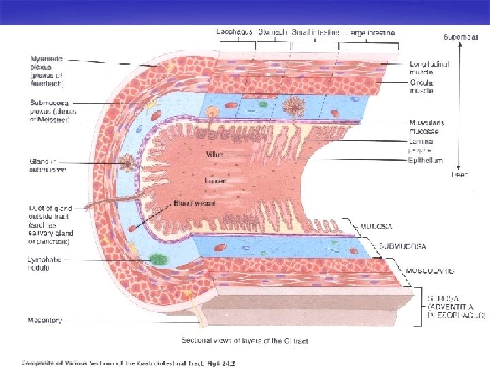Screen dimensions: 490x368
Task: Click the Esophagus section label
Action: pos(235,31)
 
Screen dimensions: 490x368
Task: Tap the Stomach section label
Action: pos(272,31)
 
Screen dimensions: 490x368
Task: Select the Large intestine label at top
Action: pos(371,32)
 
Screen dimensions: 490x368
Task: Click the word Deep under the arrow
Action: pos(461,174)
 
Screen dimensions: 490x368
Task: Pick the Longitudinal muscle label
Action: pos(429,67)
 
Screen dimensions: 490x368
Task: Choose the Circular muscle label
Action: pos(423,87)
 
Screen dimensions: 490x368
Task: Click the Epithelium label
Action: pos(426,161)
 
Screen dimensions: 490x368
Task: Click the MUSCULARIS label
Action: pos(429,271)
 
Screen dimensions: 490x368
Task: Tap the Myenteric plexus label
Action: pos(46,71)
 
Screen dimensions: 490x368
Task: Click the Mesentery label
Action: pos(45,320)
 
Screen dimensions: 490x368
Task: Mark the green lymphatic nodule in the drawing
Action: pos(159,259)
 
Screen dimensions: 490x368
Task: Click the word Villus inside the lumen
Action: pos(214,155)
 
